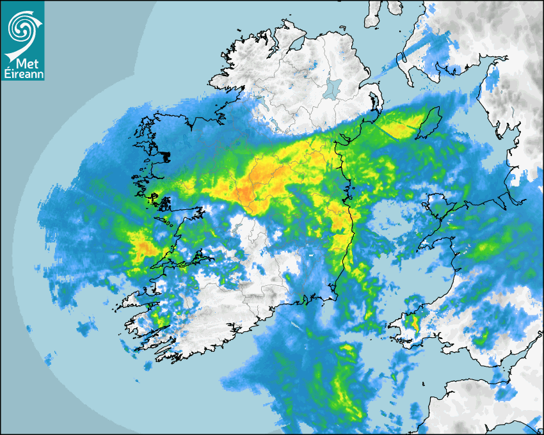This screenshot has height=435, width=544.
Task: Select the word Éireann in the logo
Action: point(22,75)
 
